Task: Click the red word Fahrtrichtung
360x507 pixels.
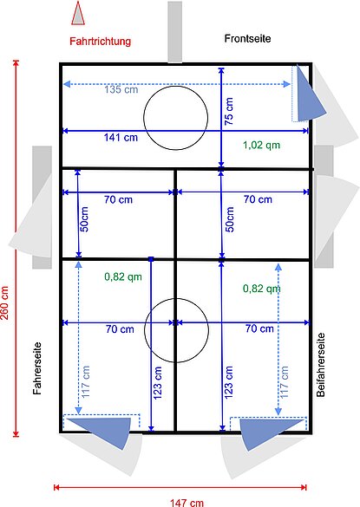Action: pos(101,41)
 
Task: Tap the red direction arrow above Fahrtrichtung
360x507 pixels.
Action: pos(78,13)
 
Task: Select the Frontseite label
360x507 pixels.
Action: pos(247,39)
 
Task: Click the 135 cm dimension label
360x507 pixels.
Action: pos(121,89)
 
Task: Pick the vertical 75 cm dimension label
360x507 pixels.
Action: pos(229,113)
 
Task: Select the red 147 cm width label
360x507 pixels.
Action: pos(187,501)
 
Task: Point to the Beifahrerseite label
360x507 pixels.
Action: pos(321,365)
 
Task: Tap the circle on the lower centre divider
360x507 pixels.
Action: pos(176,328)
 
